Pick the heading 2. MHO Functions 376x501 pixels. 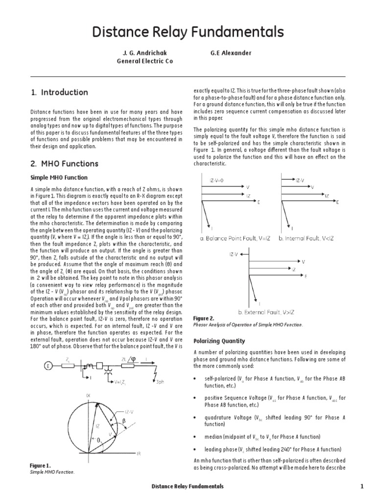pos(64,163)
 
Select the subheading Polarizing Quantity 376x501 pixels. pos(219,341)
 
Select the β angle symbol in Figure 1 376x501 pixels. pos(124,420)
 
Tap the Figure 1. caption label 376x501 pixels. pos(41,465)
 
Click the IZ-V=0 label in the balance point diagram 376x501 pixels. pos(216,180)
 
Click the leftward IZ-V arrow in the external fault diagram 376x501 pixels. pos(242,254)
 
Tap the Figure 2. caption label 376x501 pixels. pos(204,318)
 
